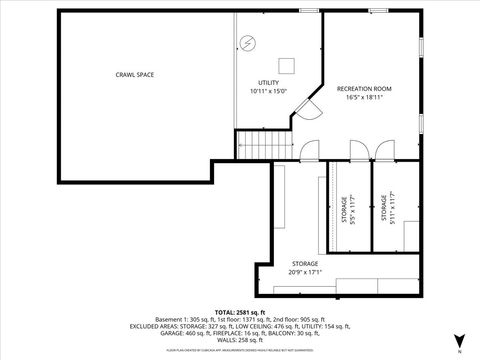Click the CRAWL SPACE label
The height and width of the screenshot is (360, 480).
coord(134,74)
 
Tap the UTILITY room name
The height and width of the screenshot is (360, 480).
coord(268,82)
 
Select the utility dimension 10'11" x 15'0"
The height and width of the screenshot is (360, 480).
coord(268,91)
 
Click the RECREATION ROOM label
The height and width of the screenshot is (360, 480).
coord(364,88)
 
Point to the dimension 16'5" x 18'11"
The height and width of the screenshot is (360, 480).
coord(364,97)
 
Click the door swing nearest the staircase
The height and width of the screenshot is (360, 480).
coord(307,146)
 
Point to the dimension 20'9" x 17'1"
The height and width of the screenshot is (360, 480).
coord(306,272)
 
